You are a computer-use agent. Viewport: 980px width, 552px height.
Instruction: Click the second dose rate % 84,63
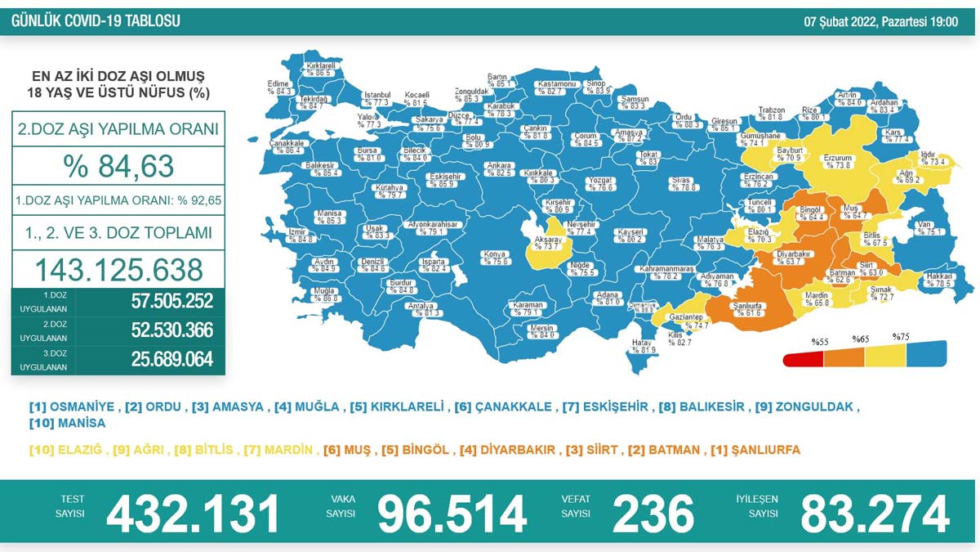tap(118, 166)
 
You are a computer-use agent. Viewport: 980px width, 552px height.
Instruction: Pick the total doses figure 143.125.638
tap(118, 269)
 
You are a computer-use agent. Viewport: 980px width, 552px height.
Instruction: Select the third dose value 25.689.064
tap(171, 359)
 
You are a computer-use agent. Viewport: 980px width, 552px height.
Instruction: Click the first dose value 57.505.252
tap(171, 302)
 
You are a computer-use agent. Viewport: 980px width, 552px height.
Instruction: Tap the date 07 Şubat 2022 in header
tap(880, 22)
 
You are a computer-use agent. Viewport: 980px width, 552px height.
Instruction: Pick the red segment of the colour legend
tap(803, 358)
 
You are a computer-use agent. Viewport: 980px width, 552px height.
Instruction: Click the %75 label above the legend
tap(901, 337)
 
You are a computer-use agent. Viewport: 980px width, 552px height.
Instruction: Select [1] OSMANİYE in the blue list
tap(72, 406)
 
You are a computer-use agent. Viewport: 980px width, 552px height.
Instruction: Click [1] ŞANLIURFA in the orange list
tap(755, 450)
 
